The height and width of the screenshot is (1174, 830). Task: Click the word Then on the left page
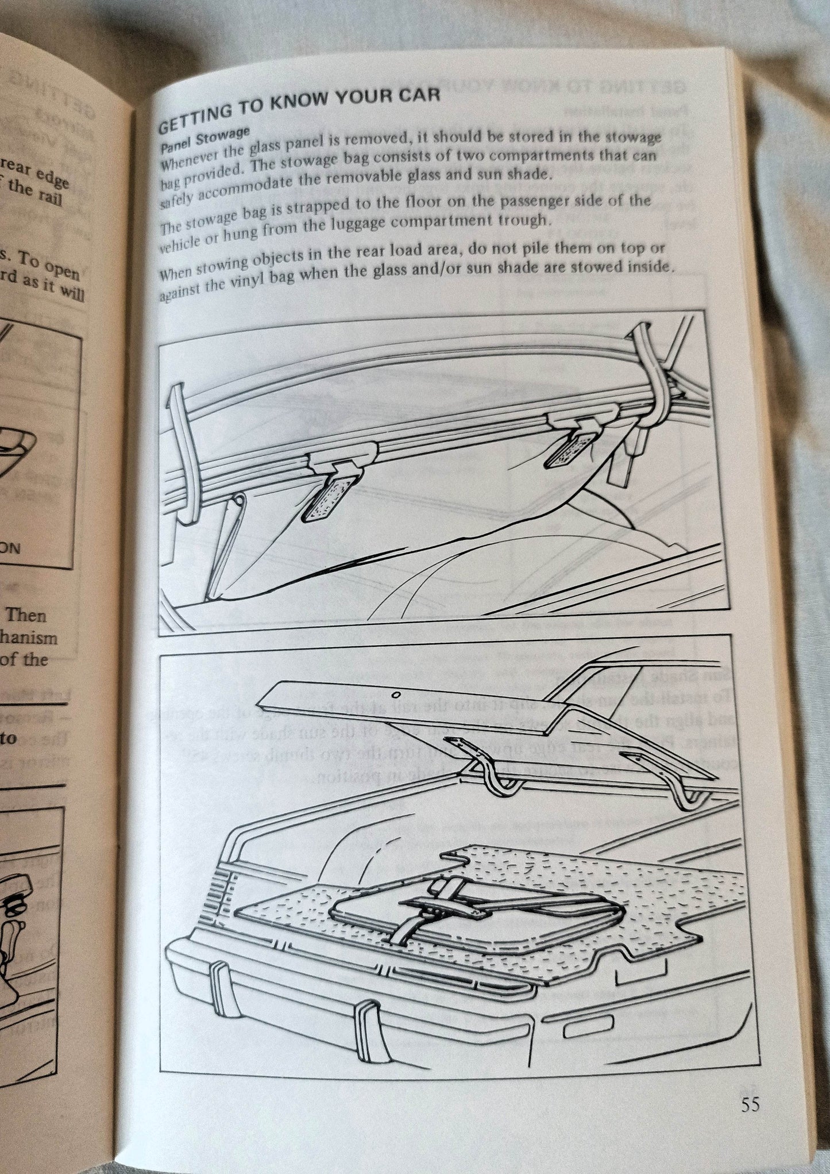(25, 615)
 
